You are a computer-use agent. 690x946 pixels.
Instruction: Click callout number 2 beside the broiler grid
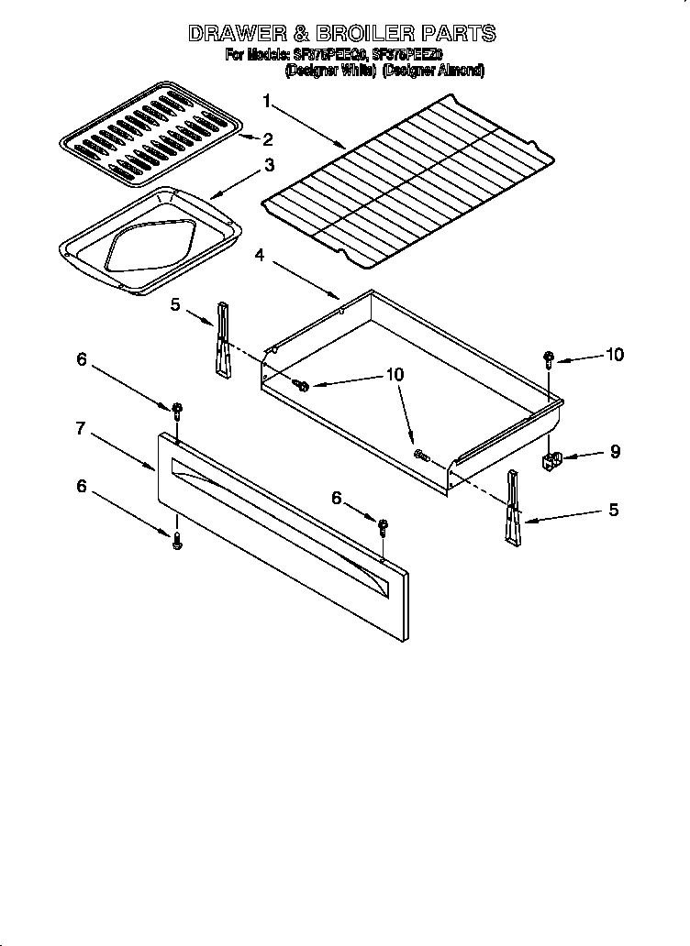(268, 139)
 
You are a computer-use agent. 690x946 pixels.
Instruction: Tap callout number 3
(269, 165)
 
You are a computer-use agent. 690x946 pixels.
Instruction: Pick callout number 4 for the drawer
(260, 257)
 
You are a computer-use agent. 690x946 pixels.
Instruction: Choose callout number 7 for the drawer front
(81, 427)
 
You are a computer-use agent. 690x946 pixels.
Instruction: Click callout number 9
(615, 451)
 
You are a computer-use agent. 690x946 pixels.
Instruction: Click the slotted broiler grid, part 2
(147, 128)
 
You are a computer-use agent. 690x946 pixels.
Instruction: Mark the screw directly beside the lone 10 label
(549, 357)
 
